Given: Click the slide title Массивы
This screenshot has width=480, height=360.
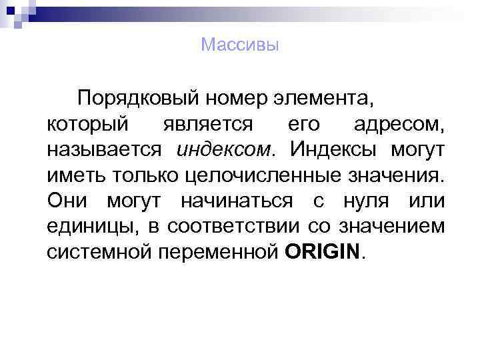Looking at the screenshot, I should [239, 45].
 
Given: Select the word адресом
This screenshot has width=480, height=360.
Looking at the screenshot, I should [399, 124].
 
